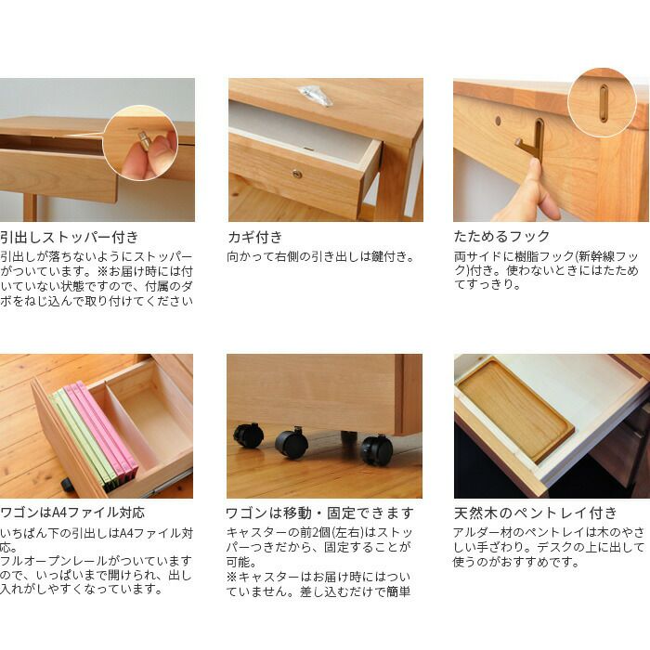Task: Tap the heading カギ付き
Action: click(x=255, y=237)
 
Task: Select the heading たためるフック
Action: click(x=501, y=237)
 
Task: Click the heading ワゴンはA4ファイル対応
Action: click(x=72, y=513)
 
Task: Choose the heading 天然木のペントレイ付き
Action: click(x=534, y=513)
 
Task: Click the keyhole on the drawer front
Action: click(x=296, y=174)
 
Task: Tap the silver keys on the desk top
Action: click(x=315, y=95)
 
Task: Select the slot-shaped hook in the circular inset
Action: click(x=604, y=103)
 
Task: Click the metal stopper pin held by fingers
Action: click(x=144, y=139)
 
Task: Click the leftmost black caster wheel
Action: click(x=248, y=435)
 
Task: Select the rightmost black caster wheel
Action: click(x=376, y=449)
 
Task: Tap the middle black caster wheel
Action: click(x=292, y=442)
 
